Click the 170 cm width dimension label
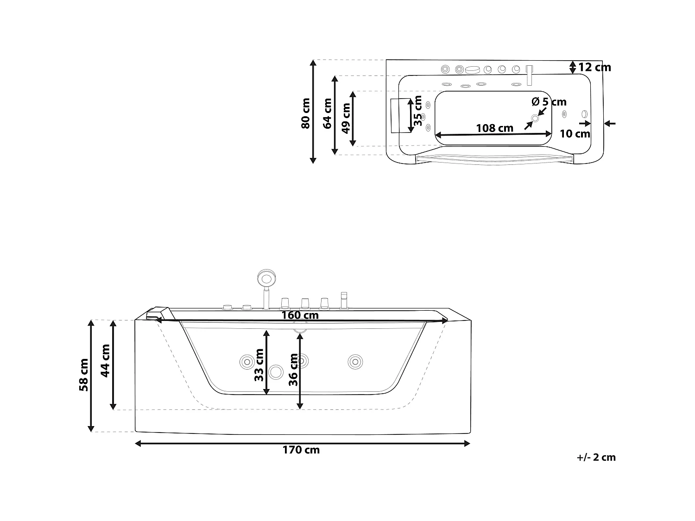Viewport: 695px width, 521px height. (x=301, y=450)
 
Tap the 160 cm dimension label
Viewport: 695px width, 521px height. (x=300, y=315)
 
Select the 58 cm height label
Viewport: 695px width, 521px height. (x=84, y=375)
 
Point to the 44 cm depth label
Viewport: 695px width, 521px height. (x=106, y=360)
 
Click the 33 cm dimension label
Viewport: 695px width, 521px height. (x=259, y=365)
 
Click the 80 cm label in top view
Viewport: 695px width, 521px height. (x=306, y=113)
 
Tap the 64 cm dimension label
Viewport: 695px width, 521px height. (x=328, y=113)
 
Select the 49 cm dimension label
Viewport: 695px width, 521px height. (x=346, y=118)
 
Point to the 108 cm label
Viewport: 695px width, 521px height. (x=495, y=128)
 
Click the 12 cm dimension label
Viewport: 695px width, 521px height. (x=594, y=68)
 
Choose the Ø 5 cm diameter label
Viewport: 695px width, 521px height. (x=549, y=101)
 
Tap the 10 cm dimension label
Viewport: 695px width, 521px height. (x=575, y=134)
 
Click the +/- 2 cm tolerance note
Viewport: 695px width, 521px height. (x=596, y=458)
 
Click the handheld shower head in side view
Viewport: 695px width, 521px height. (x=266, y=279)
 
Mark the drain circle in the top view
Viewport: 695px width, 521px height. (x=535, y=119)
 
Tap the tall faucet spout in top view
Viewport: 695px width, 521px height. (x=530, y=75)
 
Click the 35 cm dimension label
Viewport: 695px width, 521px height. (x=418, y=111)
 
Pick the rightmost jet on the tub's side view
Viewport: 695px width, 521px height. (x=355, y=361)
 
